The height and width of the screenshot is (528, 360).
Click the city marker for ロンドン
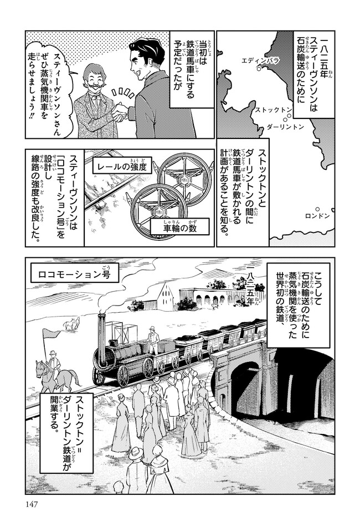[317, 209]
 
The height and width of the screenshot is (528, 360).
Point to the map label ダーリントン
[285, 127]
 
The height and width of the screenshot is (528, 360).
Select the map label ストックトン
[273, 110]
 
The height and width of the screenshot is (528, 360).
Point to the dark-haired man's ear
[156, 66]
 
